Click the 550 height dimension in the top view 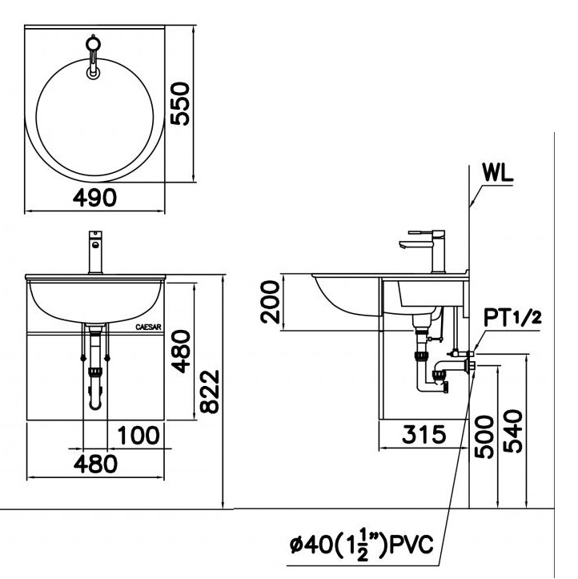[180, 104]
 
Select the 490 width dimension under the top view [94, 198]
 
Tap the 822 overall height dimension [209, 392]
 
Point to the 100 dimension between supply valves [138, 435]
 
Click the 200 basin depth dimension [270, 302]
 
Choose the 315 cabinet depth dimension [423, 434]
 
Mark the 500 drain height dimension [484, 436]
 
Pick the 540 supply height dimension [513, 431]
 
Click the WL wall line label [498, 172]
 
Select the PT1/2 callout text [512, 318]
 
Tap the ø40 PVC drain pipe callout [362, 545]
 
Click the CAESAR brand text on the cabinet [148, 328]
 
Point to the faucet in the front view [95, 252]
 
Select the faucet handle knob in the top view [93, 43]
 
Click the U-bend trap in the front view [95, 398]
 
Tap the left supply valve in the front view [83, 358]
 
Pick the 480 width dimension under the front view [95, 464]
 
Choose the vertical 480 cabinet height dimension [180, 352]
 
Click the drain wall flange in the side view [471, 365]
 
